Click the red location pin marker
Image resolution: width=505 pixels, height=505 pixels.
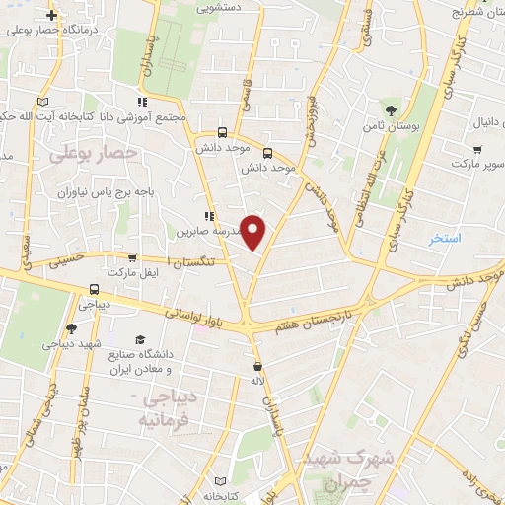[x=254, y=232]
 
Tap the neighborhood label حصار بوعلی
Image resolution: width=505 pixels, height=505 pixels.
[x=91, y=154]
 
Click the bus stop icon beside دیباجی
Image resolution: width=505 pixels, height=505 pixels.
[x=94, y=290]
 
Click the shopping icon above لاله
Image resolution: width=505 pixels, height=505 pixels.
[x=257, y=366]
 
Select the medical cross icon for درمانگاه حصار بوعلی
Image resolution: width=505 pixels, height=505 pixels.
[x=52, y=16]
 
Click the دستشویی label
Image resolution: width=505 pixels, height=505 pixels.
[x=221, y=7]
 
